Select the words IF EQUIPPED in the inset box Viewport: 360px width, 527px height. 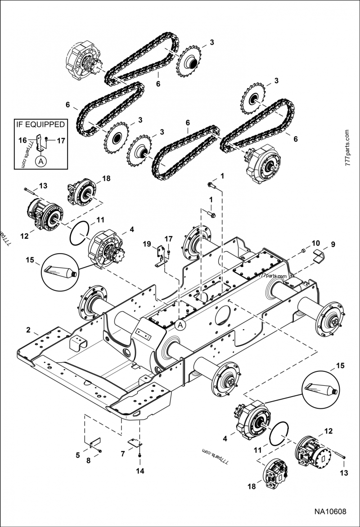40,125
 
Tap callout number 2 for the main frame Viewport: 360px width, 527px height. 28,330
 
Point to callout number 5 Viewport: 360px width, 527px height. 78,455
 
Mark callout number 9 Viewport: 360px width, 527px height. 333,245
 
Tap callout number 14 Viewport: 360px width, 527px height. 140,471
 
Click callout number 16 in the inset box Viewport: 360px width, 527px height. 22,140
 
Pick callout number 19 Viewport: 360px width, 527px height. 147,244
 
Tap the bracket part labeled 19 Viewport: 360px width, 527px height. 158,257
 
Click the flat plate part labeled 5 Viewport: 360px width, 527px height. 95,443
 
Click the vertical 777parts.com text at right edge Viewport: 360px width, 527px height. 347,149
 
